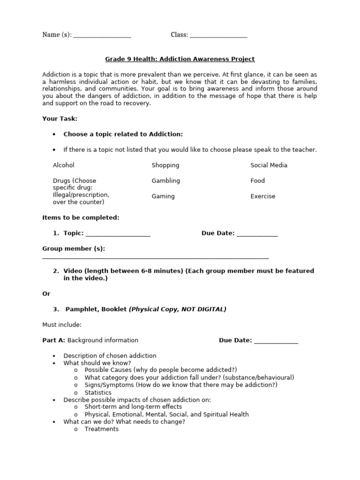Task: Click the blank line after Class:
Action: [218, 37]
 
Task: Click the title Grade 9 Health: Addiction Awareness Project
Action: [180, 59]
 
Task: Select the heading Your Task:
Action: [60, 119]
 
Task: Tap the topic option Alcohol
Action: [64, 165]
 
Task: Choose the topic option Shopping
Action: [165, 165]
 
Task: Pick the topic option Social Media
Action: [269, 165]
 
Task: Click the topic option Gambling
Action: [165, 180]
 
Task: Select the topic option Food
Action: [257, 180]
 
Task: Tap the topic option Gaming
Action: [163, 196]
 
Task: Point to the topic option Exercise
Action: [263, 196]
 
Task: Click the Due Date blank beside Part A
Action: [276, 342]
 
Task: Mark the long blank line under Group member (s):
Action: [156, 258]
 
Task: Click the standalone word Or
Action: [46, 293]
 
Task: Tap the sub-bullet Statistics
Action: [98, 392]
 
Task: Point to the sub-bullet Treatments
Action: [102, 429]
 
